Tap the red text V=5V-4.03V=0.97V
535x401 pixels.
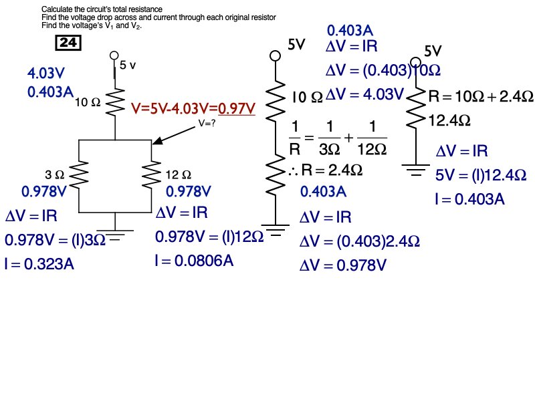coord(194,108)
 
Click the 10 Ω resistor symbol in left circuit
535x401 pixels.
coord(114,102)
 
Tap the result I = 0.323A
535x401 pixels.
coord(39,264)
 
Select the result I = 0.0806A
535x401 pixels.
coord(194,260)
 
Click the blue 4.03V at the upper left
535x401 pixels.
coord(48,73)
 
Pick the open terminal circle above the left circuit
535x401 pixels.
coord(114,56)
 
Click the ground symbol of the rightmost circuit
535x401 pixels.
coord(417,170)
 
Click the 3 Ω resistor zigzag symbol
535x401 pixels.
coord(80,175)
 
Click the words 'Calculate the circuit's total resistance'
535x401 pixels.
coord(102,9)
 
